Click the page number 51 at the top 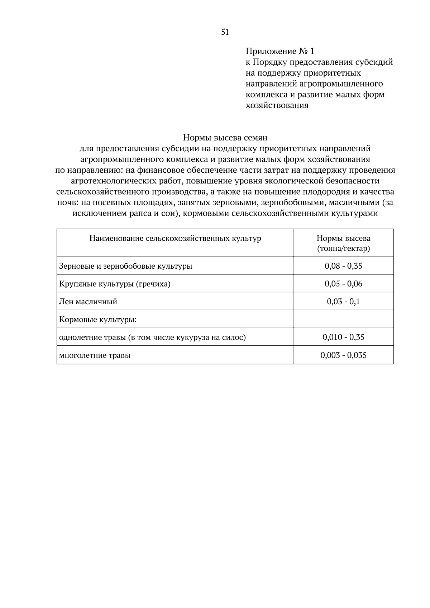[225, 32]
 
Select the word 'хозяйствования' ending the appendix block [277, 106]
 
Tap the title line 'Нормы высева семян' [225, 138]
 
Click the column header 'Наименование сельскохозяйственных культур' [175, 239]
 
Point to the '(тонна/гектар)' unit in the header [343, 248]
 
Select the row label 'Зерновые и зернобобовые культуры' [125, 266]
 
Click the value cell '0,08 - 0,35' [343, 266]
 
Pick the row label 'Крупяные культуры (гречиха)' [115, 284]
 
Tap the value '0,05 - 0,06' [343, 284]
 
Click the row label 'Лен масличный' [88, 302]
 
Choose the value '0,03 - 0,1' [343, 301]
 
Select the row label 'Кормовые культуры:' [97, 319]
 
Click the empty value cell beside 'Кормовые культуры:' [343, 319]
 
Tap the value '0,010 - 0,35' [343, 337]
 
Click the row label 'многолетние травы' [95, 355]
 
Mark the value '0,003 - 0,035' [343, 355]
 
